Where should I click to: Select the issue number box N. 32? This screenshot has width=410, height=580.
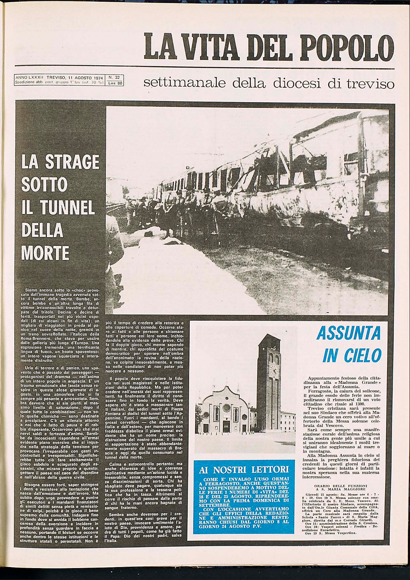[x=114, y=77]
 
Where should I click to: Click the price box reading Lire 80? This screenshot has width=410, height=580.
[x=115, y=84]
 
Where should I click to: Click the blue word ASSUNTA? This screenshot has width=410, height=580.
[x=348, y=334]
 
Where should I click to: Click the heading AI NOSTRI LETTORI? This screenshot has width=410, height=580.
[x=244, y=469]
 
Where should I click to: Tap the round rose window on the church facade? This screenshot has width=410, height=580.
[x=226, y=408]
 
